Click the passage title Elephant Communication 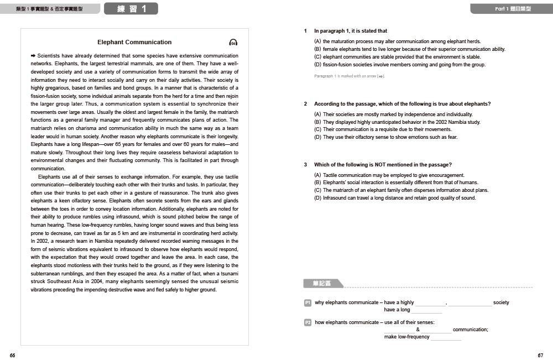(x=134, y=42)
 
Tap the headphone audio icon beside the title (x=233, y=43)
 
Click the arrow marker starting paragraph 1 (x=33, y=56)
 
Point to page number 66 (x=12, y=355)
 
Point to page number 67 (x=540, y=355)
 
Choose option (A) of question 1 (x=317, y=41)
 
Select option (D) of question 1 (x=317, y=65)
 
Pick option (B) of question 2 (x=317, y=122)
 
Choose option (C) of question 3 (x=317, y=190)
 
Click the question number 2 (x=305, y=104)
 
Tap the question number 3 (x=305, y=165)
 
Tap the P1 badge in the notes (x=308, y=302)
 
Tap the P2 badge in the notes (x=308, y=322)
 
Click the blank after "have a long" (x=426, y=311)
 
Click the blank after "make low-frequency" (x=446, y=337)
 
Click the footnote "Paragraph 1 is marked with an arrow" (x=349, y=76)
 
